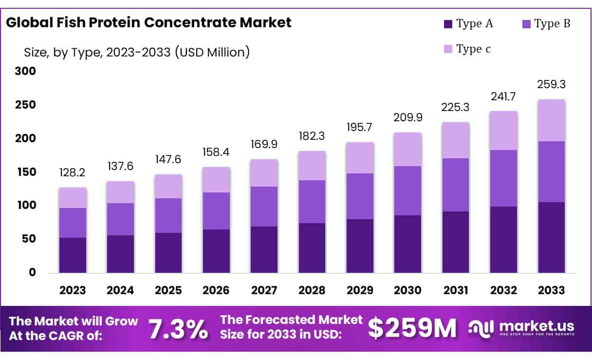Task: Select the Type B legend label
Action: tap(552, 23)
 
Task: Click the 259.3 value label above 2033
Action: tap(552, 84)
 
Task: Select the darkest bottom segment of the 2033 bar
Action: tap(552, 237)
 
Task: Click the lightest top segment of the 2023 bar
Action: tap(73, 198)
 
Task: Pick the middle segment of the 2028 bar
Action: tap(312, 202)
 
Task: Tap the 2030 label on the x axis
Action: tap(407, 290)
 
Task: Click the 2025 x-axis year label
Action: tap(168, 290)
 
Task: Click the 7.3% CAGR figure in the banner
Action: tap(178, 329)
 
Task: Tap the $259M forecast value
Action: tap(412, 329)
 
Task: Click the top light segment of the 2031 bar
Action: tap(456, 140)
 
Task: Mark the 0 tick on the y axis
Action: tap(32, 272)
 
